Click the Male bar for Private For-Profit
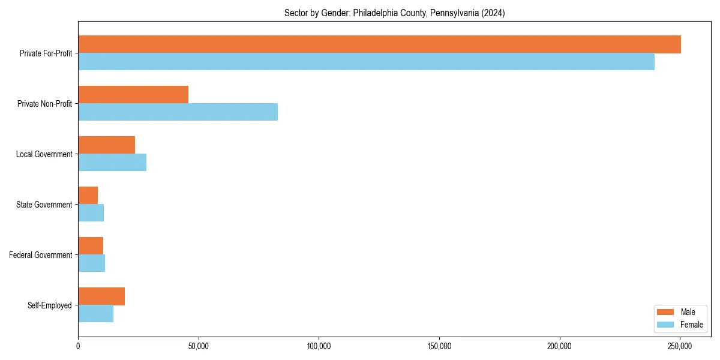[379, 44]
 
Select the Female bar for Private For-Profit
[366, 62]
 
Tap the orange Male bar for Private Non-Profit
[133, 95]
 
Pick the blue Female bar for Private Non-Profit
[178, 112]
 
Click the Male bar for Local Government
[106, 145]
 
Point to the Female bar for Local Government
[112, 163]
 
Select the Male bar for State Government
[88, 196]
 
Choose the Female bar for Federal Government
[91, 263]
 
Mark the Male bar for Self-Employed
[101, 296]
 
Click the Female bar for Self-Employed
[95, 314]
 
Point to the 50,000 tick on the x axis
[198, 346]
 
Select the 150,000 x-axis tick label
[439, 346]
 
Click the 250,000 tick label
[680, 346]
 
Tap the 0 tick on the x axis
[78, 346]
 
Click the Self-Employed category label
[49, 305]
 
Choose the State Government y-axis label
[44, 205]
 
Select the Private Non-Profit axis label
[44, 104]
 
